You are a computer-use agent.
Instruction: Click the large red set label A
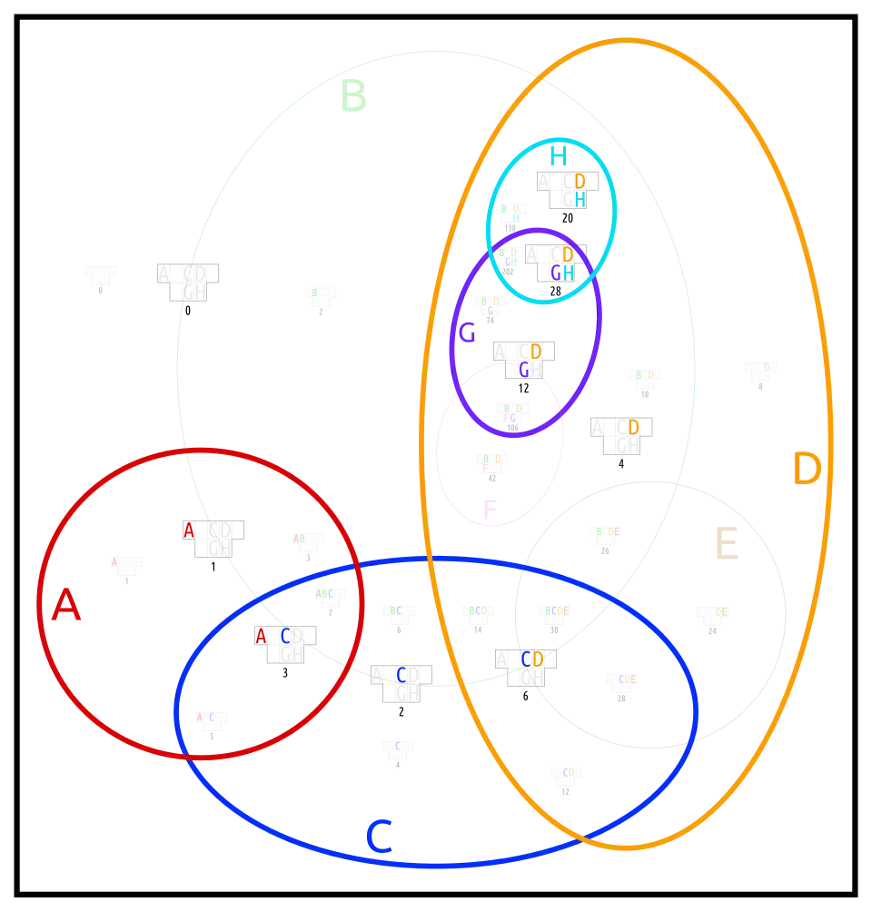point(65,605)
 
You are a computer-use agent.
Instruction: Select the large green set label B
point(353,97)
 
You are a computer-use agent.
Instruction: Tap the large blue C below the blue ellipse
point(379,837)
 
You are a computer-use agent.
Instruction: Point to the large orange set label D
point(806,470)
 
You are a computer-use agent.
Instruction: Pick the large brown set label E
point(726,546)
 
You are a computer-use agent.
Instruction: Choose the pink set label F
point(489,511)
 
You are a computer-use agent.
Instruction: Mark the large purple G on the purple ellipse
point(467,333)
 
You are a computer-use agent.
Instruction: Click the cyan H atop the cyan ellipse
point(556,156)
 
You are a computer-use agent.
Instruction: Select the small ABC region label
point(323,593)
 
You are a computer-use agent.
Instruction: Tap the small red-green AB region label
point(298,538)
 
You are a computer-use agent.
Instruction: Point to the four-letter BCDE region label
point(557,611)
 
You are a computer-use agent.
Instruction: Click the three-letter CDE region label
point(628,679)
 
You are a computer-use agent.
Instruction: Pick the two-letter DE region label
point(720,611)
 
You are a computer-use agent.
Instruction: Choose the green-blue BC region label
point(395,611)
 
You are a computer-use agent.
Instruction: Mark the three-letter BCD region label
point(477,611)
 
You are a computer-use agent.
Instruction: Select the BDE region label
point(609,531)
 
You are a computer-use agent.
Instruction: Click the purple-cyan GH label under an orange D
point(562,273)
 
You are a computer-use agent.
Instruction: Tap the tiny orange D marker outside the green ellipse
point(766,367)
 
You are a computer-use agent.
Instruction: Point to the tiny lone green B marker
point(315,292)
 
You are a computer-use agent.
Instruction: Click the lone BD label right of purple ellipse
point(644,374)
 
